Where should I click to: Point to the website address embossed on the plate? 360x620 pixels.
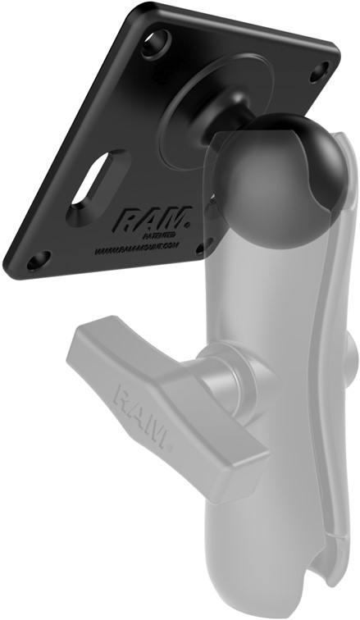139,244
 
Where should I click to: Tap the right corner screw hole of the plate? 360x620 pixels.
317,72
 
